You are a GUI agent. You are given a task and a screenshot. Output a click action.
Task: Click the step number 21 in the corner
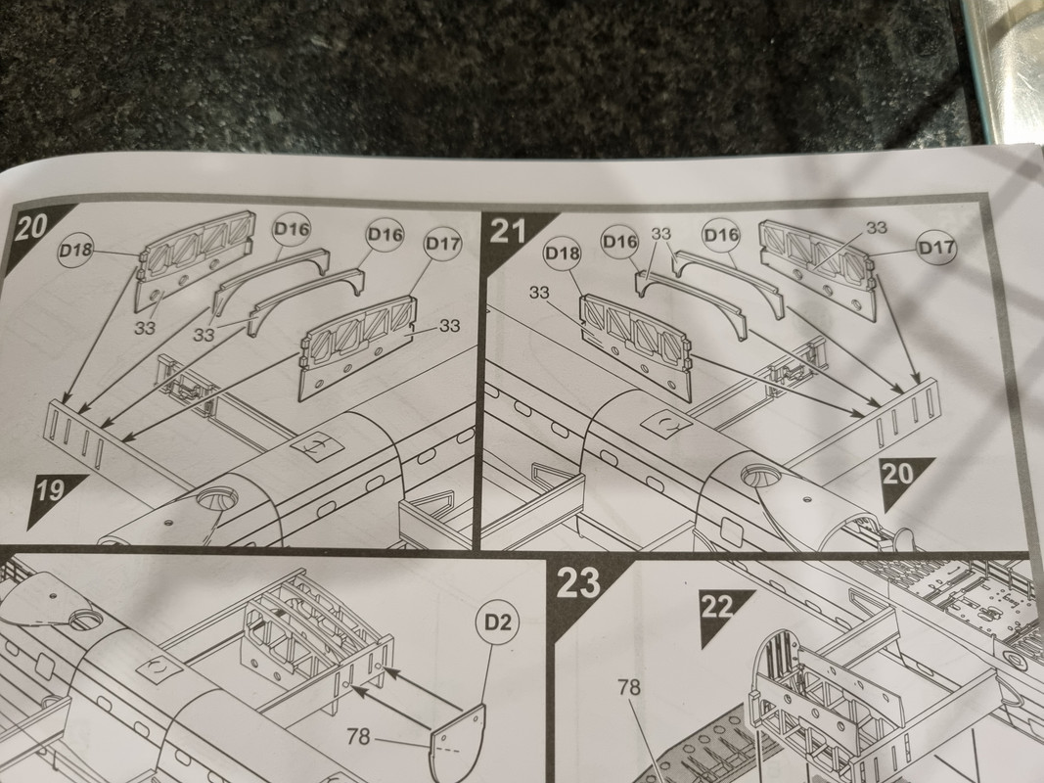(508, 232)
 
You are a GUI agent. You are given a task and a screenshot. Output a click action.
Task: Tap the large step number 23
(578, 582)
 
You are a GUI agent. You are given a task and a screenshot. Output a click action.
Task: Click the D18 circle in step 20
(75, 251)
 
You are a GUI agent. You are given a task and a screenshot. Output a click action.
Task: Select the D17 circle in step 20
(443, 245)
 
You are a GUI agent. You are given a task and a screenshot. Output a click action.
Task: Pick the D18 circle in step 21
(563, 253)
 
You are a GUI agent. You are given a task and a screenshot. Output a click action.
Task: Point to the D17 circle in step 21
(936, 248)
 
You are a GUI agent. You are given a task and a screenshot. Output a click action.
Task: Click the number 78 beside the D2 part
(358, 736)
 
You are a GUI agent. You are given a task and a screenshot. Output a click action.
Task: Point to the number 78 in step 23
(629, 687)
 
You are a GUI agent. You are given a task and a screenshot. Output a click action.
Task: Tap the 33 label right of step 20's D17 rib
(449, 326)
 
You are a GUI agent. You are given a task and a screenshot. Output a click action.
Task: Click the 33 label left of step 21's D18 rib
(540, 293)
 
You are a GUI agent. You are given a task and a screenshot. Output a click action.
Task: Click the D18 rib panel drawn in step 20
(193, 258)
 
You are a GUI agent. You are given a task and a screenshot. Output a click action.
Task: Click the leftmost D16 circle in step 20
(292, 230)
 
